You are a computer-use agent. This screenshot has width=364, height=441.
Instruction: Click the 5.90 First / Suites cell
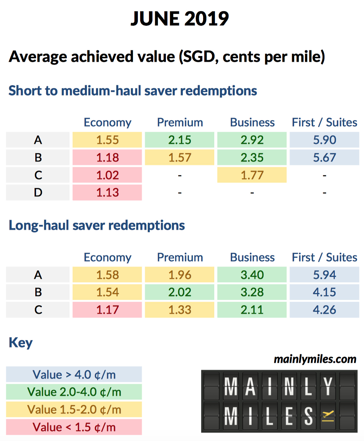click(324, 140)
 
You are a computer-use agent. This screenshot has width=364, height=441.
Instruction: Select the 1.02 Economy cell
click(108, 175)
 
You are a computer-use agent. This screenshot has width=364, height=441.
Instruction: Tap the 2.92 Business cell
click(252, 140)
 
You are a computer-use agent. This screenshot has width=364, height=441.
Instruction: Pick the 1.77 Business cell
click(252, 175)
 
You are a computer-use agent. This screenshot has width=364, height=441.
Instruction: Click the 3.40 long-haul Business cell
click(252, 275)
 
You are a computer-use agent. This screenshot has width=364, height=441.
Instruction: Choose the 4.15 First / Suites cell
click(324, 292)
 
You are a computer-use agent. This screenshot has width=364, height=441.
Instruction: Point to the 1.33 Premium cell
click(180, 310)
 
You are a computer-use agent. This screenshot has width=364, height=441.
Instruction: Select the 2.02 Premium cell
click(180, 292)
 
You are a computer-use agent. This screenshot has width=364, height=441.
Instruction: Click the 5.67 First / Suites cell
click(324, 158)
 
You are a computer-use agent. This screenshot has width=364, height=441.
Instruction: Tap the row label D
click(38, 193)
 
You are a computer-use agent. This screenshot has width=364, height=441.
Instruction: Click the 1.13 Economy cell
click(108, 193)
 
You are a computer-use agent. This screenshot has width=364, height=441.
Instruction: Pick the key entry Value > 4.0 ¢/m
click(74, 374)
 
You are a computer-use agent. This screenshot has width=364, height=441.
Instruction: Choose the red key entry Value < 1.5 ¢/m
click(74, 427)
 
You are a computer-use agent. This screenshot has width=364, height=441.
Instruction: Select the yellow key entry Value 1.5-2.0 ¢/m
click(74, 410)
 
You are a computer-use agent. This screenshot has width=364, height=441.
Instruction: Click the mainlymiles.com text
click(315, 359)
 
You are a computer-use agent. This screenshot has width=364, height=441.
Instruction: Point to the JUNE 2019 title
click(180, 18)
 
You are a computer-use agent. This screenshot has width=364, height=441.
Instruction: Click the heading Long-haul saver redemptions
click(97, 225)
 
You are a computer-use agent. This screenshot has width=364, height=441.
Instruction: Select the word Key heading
click(21, 342)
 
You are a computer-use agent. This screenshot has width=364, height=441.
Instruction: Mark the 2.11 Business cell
click(252, 310)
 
